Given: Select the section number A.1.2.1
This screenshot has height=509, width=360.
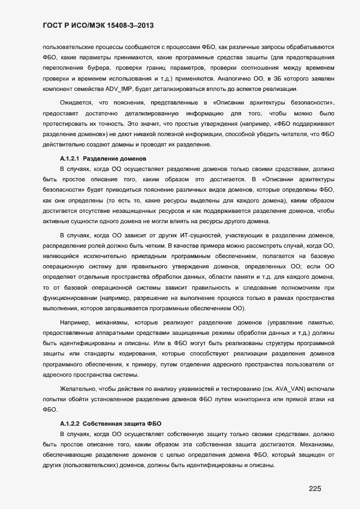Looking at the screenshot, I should click(x=70, y=159).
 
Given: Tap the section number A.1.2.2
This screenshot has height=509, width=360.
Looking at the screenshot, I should click(x=70, y=423).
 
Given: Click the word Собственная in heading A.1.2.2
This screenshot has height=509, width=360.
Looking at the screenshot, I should click(x=103, y=423).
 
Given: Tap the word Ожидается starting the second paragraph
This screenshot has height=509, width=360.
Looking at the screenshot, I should click(x=75, y=103).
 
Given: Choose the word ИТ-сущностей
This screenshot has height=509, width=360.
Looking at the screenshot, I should click(x=179, y=235).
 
